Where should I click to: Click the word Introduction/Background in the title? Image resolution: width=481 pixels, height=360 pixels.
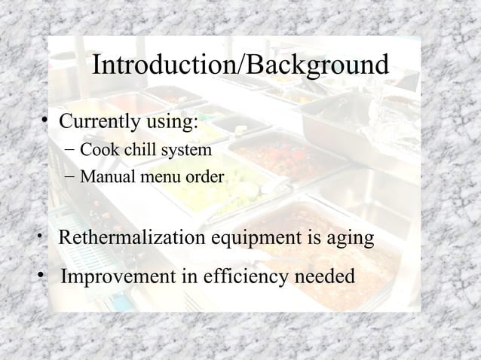[x=240, y=66]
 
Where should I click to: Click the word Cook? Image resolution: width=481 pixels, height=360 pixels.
[x=95, y=151]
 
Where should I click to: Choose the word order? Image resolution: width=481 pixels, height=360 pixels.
[x=204, y=178]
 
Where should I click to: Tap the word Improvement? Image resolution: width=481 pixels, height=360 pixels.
[x=117, y=277]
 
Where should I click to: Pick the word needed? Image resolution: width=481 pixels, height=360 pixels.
[x=320, y=277]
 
